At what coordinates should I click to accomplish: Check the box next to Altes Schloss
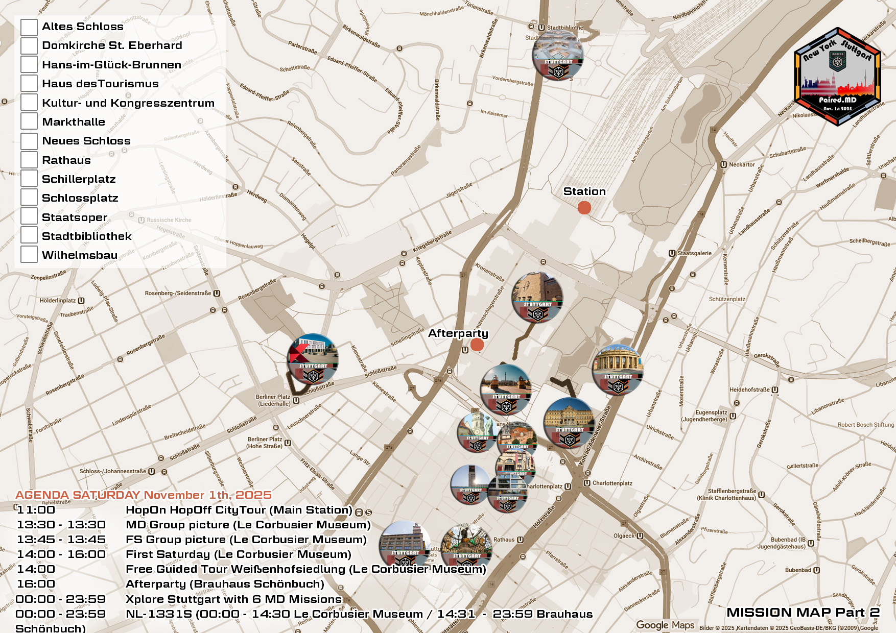pos(29,27)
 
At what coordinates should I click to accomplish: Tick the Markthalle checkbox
pos(29,121)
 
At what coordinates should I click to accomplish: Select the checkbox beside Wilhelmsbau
pos(29,254)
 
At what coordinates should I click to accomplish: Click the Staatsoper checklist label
pos(75,217)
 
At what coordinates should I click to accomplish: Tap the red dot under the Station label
pos(584,208)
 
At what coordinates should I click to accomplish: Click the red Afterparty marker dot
pos(477,345)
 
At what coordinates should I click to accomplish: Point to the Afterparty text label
pos(458,333)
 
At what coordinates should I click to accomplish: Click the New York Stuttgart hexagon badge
pos(837,77)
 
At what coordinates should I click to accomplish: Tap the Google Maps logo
pos(665,625)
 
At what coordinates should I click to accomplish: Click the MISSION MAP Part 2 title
pos(803,612)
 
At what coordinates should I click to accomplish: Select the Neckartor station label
pos(741,164)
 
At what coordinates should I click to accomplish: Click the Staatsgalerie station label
pos(694,253)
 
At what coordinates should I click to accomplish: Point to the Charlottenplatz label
pos(611,483)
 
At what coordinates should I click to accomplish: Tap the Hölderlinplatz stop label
pos(58,301)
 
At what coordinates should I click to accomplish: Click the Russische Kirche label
pos(169,220)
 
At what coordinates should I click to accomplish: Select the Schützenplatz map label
pos(727,299)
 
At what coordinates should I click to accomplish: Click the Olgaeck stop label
pos(624,536)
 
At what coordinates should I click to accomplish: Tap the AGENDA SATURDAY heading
pos(144,495)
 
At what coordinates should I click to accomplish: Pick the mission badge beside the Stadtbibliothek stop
pos(558,55)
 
